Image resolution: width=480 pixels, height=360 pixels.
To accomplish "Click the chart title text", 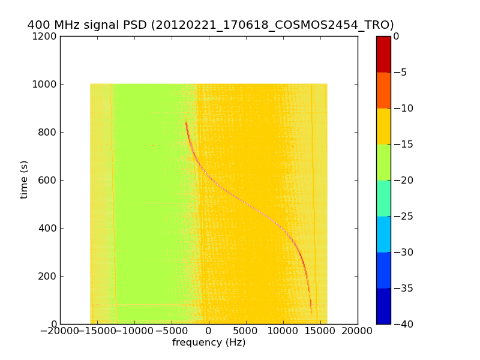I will tap(211, 25).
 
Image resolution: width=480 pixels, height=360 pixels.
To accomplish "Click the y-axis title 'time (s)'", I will tap(24, 179).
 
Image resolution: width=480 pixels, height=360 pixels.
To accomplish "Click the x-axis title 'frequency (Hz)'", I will tap(209, 343).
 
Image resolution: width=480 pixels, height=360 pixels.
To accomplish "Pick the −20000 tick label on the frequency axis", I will tap(60, 331).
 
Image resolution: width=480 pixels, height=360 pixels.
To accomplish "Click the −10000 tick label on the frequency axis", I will tap(134, 331).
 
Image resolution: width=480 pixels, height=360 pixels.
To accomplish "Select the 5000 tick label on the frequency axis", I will tap(246, 331).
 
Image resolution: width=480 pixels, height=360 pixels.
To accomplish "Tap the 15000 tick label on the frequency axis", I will tap(320, 331).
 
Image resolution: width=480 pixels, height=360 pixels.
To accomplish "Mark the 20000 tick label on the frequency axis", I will tap(358, 331).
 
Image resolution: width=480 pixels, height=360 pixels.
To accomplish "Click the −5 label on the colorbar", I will tap(401, 73).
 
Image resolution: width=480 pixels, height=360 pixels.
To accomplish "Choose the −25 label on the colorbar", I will tap(403, 217).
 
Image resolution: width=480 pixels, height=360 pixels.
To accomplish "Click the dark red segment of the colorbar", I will tap(383, 54).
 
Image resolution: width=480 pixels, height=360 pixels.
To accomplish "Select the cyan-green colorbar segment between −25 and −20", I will tap(383, 198).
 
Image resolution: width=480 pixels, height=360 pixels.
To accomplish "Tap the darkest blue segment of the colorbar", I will tap(383, 306).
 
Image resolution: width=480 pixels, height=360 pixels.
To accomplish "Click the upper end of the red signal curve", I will tap(186, 122).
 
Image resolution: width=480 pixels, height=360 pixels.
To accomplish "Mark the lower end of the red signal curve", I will tap(311, 310).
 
